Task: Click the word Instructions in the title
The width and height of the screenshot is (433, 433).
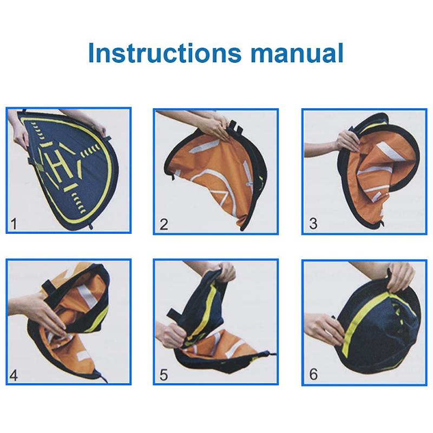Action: click(165, 53)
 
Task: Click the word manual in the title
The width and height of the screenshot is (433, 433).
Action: click(297, 53)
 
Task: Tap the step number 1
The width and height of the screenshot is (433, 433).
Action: click(13, 224)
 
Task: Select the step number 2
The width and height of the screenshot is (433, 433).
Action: click(164, 224)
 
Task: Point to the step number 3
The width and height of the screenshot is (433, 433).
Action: click(313, 224)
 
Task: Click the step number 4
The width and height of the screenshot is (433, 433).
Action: click(14, 376)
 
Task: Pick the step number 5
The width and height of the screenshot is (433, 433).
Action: click(164, 375)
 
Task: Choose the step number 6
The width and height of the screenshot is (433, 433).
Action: click(313, 375)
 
